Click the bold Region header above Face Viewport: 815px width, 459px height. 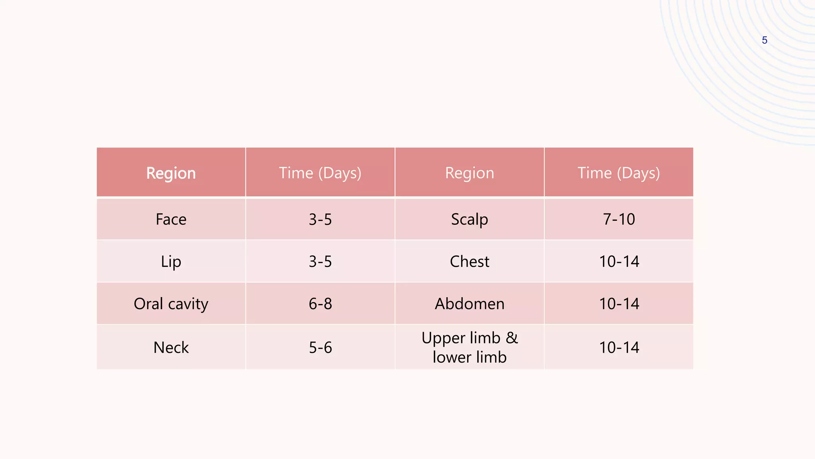[x=171, y=173]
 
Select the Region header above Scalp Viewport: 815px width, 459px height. [x=469, y=173]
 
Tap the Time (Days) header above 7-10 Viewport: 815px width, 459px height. [x=618, y=173]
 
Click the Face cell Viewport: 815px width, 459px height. [x=171, y=219]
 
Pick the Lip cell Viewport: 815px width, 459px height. [x=171, y=261]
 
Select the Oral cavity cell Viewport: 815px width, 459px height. [x=171, y=304]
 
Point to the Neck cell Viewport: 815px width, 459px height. [x=171, y=347]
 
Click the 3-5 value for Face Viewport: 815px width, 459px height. [x=320, y=219]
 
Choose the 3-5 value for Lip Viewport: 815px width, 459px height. [x=320, y=261]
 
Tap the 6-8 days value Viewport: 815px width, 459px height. [x=320, y=304]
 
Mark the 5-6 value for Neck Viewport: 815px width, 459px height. [x=320, y=347]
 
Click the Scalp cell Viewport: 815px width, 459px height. [x=469, y=219]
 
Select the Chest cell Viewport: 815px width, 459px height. [x=469, y=261]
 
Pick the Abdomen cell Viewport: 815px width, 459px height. [x=469, y=304]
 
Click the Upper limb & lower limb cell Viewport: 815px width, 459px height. [x=469, y=347]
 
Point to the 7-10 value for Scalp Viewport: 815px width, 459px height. [x=619, y=219]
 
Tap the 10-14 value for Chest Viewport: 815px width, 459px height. [x=619, y=261]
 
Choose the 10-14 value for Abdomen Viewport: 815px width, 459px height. [x=619, y=304]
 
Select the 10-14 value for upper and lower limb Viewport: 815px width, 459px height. [x=619, y=347]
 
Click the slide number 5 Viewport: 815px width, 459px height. [x=764, y=40]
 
